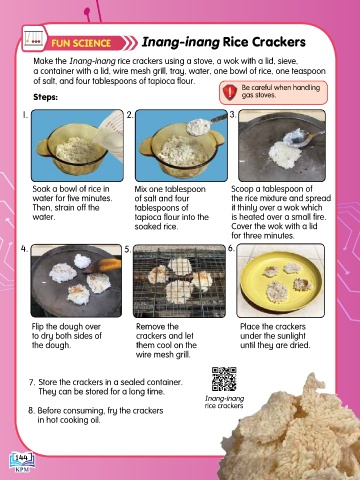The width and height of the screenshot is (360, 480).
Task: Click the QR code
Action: point(224,379)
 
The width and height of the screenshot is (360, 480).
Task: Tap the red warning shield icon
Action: point(230,92)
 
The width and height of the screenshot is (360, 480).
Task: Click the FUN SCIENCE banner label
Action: point(81,43)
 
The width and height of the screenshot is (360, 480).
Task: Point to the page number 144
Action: point(21,458)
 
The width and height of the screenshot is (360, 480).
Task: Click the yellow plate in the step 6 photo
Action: point(281,281)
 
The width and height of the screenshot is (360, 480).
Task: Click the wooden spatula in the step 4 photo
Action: point(103,266)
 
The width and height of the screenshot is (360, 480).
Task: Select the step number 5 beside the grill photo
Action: point(128,249)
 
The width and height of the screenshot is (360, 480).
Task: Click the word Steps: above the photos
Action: point(45,97)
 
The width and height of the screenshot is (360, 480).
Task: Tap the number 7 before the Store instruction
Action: point(32,382)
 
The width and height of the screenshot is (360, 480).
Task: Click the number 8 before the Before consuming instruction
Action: point(31,411)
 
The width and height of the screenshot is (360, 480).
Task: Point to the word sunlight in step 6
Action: point(289,336)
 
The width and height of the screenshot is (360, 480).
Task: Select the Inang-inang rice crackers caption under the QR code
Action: point(224,402)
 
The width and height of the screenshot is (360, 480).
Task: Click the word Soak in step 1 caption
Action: point(41,189)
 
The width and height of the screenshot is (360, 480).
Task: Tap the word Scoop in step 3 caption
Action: point(242,189)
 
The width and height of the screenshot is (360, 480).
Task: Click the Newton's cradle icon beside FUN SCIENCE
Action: point(34,38)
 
